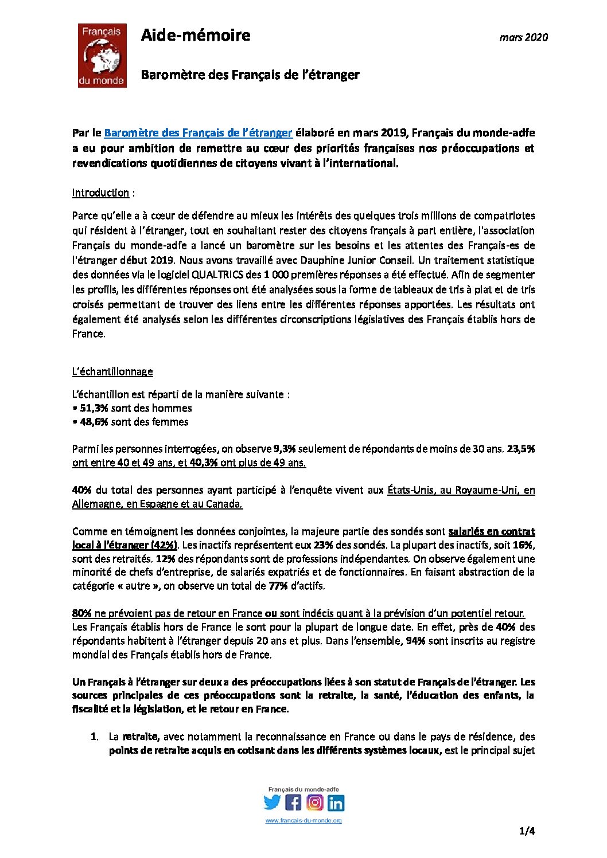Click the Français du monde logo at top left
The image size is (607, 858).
(x=102, y=55)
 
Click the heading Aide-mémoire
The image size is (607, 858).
(x=196, y=36)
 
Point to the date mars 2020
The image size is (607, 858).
(x=523, y=37)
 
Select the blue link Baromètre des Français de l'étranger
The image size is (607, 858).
(x=198, y=133)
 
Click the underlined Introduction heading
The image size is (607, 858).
(x=100, y=193)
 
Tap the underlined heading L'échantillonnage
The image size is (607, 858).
(x=112, y=371)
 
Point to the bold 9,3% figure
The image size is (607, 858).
(x=285, y=449)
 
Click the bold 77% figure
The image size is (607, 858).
(x=278, y=586)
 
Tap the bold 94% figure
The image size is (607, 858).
(x=415, y=641)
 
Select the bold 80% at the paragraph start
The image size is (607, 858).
(x=81, y=613)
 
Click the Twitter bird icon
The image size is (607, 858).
(x=272, y=802)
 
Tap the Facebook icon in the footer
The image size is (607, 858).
(x=293, y=802)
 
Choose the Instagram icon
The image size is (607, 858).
(x=314, y=802)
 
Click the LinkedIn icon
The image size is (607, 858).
(x=336, y=803)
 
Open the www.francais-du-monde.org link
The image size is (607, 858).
(x=303, y=821)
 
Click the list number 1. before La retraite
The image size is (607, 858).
(x=94, y=736)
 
